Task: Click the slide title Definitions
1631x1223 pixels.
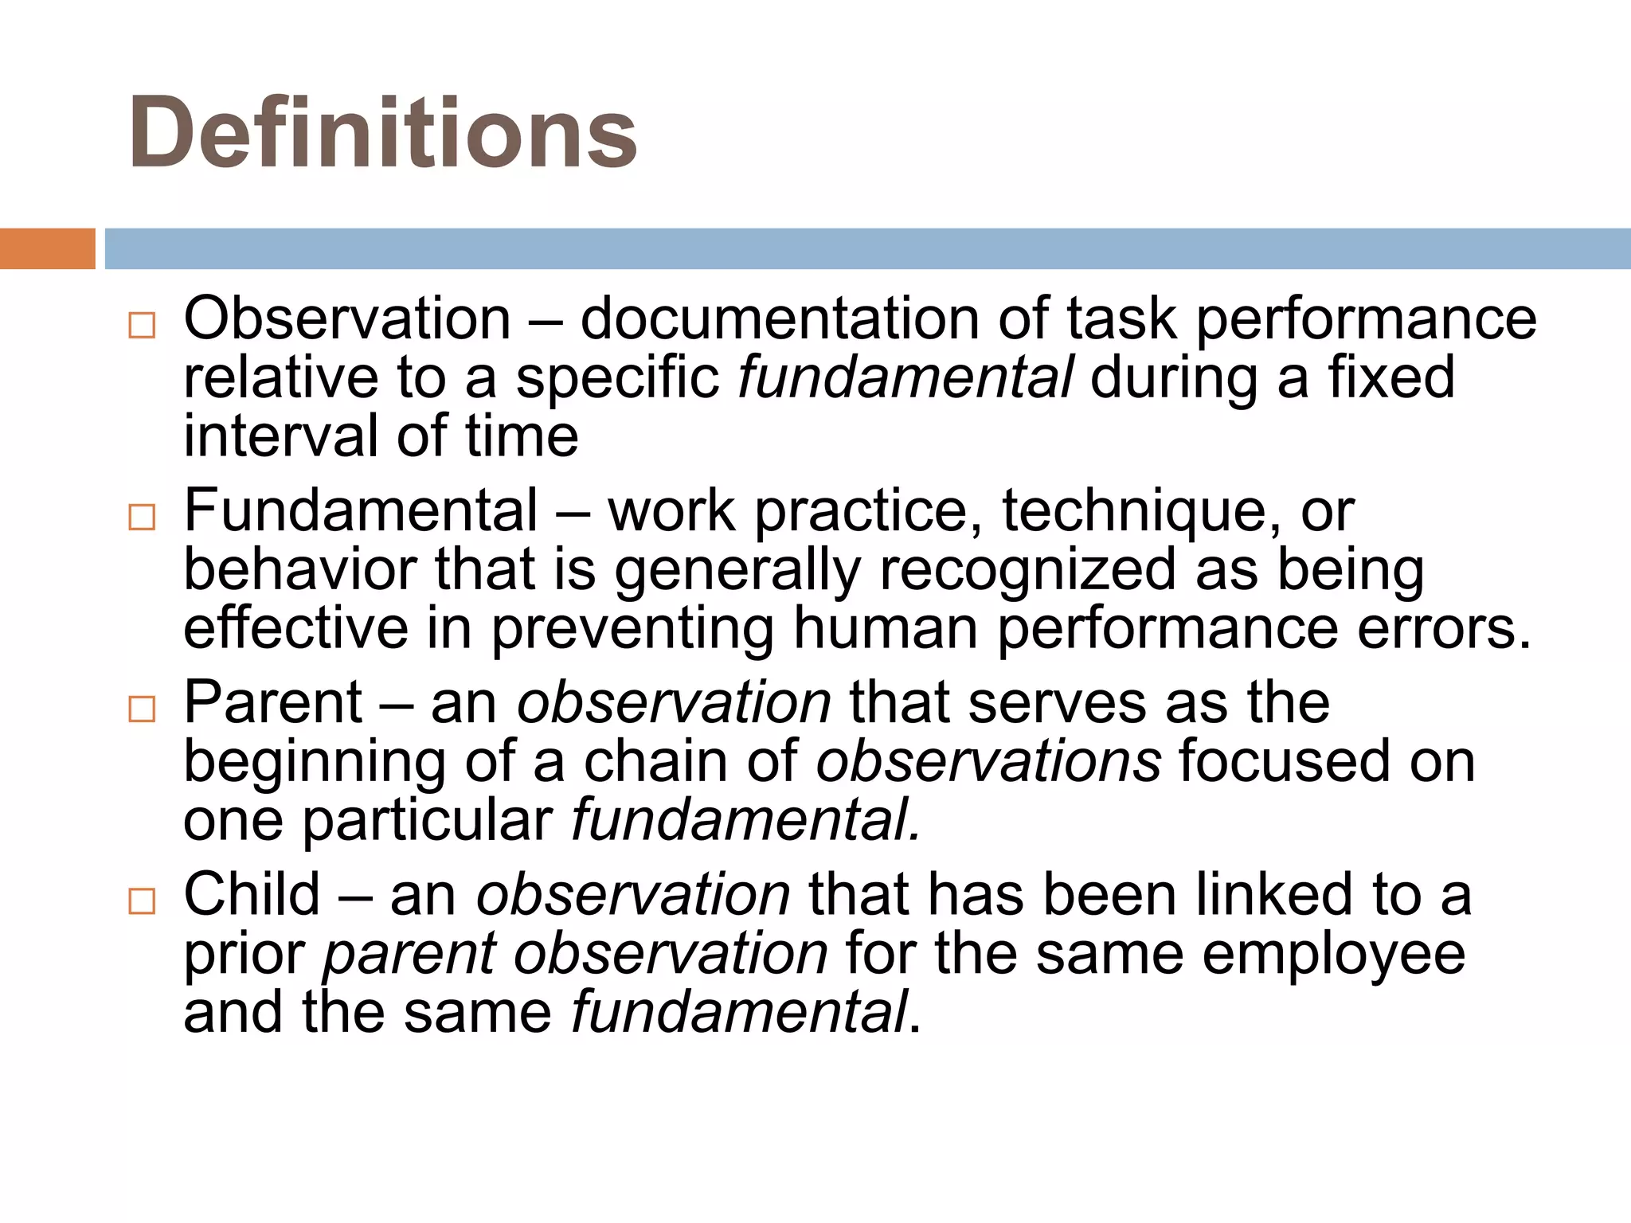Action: (382, 133)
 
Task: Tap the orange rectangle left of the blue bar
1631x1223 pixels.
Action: (47, 248)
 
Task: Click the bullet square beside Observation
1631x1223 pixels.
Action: (142, 325)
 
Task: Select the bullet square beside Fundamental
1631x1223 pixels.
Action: (142, 518)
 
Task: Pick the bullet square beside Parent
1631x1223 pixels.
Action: (142, 709)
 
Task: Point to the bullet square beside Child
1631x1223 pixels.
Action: (142, 901)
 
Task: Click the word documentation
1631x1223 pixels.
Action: (779, 318)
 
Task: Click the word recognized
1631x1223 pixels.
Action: (1027, 570)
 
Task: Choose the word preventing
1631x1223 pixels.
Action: (632, 631)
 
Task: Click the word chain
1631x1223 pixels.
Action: (655, 761)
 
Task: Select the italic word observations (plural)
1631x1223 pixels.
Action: (988, 761)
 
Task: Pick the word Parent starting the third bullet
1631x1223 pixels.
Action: (273, 702)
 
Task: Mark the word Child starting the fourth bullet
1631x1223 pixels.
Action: (252, 895)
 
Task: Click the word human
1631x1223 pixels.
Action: (886, 629)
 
